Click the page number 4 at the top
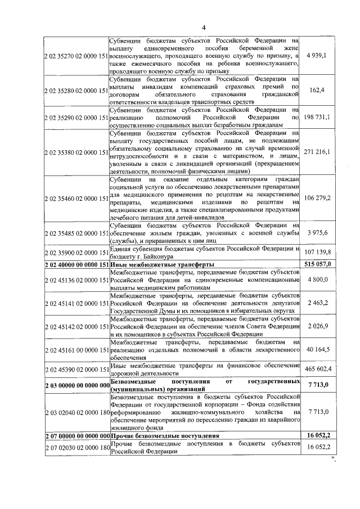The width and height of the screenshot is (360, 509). click(205, 28)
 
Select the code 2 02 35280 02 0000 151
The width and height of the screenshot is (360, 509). click(75, 90)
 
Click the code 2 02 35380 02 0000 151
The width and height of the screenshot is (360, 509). click(75, 152)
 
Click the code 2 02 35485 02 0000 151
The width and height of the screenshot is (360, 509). click(75, 233)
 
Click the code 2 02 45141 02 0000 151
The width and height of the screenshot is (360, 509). click(75, 303)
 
